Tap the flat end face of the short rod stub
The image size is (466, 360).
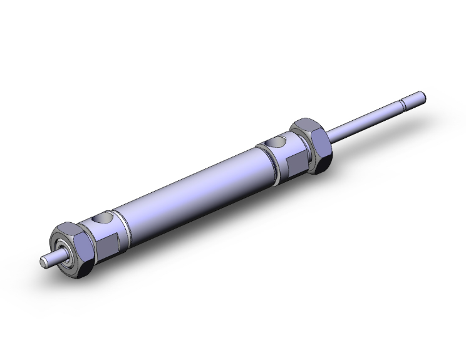coord(43,261)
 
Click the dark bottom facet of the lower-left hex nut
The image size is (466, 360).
coord(81,270)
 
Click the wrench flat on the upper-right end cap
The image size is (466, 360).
coord(294,163)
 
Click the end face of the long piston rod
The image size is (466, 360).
coord(423,96)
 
